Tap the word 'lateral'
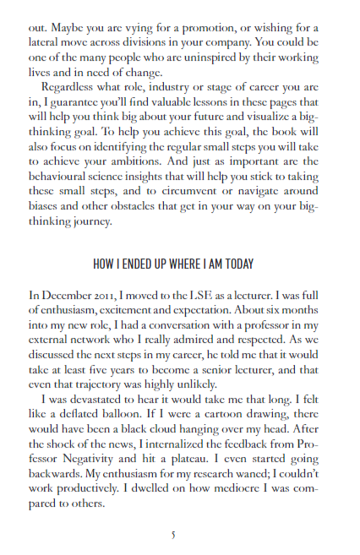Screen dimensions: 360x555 (x=46, y=43)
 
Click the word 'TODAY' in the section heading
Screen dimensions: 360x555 (x=236, y=264)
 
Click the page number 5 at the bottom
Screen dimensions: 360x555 (x=173, y=534)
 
